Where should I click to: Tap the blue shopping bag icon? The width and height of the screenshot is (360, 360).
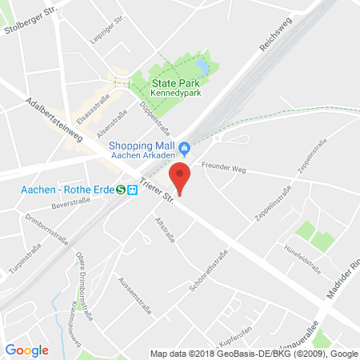point(185,147)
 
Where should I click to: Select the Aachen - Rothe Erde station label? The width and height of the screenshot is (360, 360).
point(58,190)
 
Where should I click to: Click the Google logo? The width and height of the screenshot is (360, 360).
point(26,350)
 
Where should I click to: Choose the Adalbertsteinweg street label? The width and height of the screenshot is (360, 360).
point(55,119)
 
